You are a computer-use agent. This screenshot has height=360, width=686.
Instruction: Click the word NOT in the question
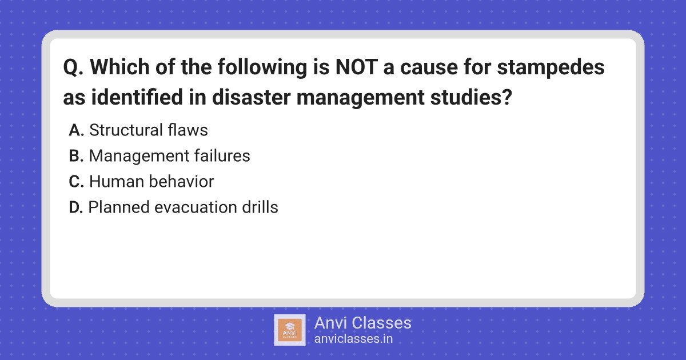(x=356, y=67)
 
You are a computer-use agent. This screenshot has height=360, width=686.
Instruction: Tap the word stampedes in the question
(x=551, y=68)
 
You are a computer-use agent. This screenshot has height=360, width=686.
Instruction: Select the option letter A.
(x=76, y=130)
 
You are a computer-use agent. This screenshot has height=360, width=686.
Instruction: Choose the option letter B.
(x=76, y=156)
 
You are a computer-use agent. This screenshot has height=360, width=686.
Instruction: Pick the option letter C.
(x=76, y=182)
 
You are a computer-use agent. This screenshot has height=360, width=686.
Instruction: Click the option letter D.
(x=75, y=207)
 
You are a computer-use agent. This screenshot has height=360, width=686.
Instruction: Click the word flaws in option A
(x=188, y=130)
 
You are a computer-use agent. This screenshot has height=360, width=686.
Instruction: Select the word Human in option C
(x=116, y=182)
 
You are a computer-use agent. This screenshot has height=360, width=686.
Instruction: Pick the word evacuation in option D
(x=196, y=207)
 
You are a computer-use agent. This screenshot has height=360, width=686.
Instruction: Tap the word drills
(x=260, y=207)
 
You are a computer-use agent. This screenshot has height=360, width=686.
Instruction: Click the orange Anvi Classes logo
(x=290, y=330)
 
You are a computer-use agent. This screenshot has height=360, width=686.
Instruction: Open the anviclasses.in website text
(x=353, y=339)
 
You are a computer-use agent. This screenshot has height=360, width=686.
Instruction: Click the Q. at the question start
(x=73, y=67)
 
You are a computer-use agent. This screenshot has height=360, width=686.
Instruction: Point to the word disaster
(x=251, y=97)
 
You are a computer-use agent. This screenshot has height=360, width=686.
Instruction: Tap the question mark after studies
(x=507, y=97)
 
